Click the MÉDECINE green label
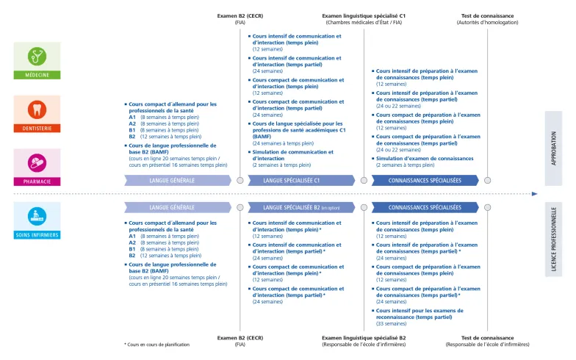[37, 75]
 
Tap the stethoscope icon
[37, 56]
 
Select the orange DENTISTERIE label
[37, 128]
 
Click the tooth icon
[37, 109]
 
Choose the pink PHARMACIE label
[37, 181]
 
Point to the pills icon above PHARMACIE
[37, 162]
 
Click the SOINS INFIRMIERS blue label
[37, 235]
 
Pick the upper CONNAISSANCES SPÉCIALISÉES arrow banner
[425, 180]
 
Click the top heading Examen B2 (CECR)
[240, 15]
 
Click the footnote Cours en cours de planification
[159, 345]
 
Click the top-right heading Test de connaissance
[487, 15]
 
